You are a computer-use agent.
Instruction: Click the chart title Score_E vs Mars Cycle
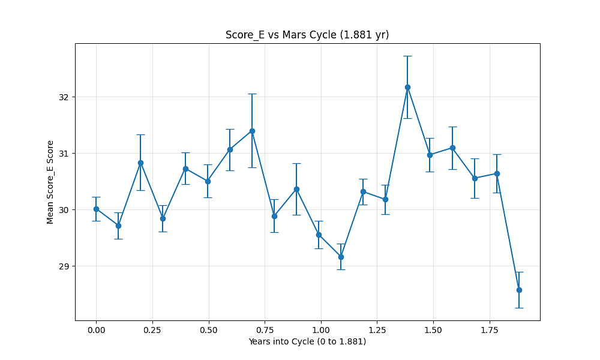pos(307,35)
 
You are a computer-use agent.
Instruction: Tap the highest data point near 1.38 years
pos(407,87)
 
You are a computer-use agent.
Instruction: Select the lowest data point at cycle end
pos(519,290)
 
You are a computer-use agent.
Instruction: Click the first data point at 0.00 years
pos(96,209)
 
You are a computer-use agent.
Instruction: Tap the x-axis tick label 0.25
pos(152,330)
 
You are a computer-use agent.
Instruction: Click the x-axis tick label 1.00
pos(321,330)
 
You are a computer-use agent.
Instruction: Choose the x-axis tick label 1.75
pos(490,330)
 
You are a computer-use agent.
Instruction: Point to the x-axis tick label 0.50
pos(208,330)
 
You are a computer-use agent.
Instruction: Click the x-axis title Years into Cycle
pos(307,342)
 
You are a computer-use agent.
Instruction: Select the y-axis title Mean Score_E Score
pos(50,182)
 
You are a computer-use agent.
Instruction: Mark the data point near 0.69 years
pos(252,131)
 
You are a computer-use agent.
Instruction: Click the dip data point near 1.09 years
pos(341,257)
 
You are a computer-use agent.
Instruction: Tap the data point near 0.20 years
pos(140,163)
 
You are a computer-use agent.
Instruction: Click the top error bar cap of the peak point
pos(407,56)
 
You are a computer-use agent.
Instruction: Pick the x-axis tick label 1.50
pos(433,330)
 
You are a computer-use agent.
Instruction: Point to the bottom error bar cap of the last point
pos(519,308)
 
